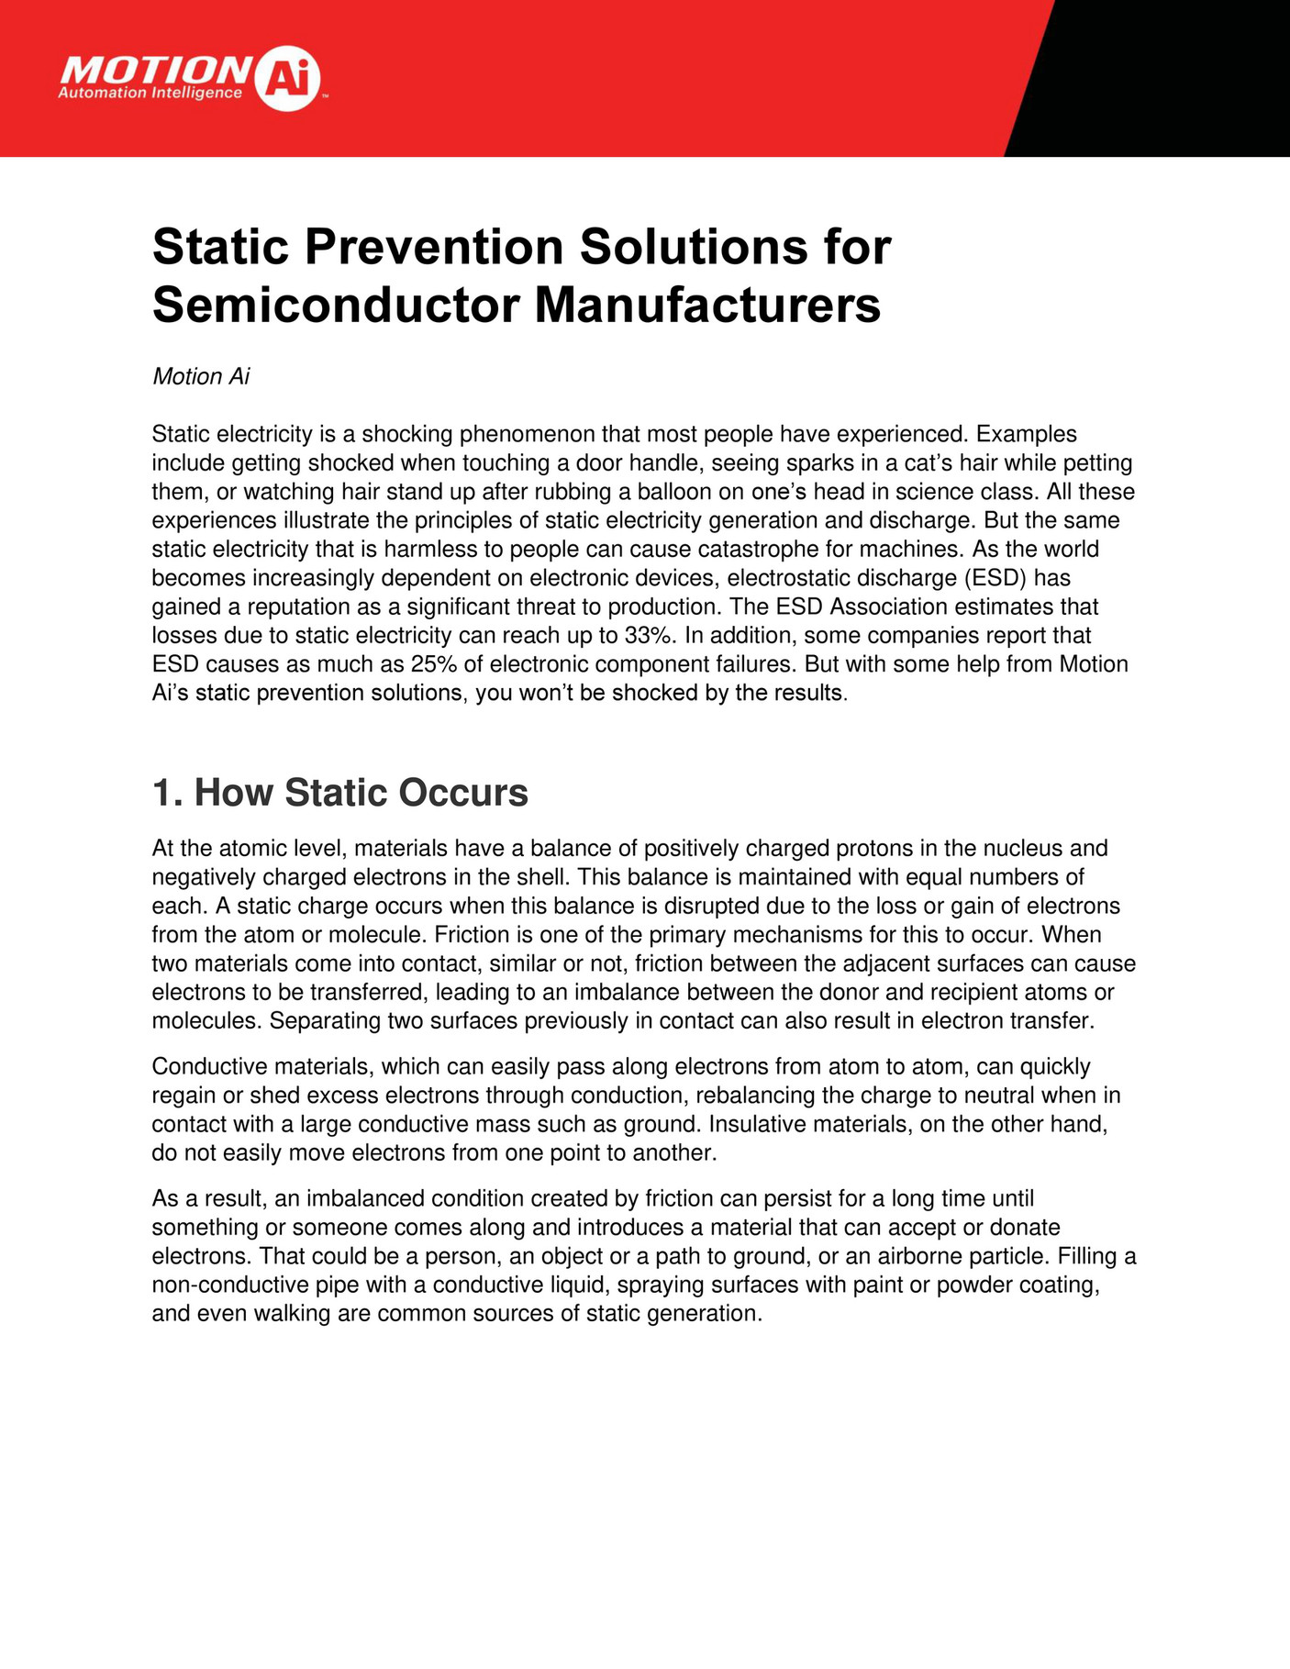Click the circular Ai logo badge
[x=287, y=80]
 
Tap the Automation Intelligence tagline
[x=150, y=94]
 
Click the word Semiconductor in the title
[x=335, y=305]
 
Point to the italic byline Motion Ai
[x=201, y=377]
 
